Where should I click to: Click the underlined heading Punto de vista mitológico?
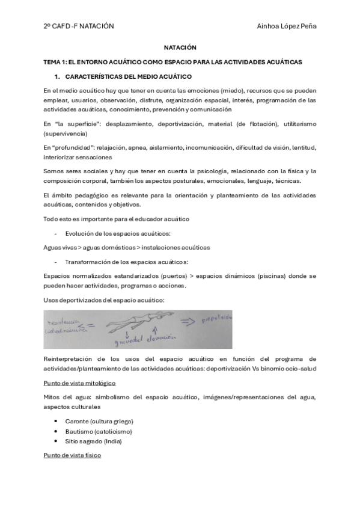coord(79,383)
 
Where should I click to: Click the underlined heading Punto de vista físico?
coord(72,456)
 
